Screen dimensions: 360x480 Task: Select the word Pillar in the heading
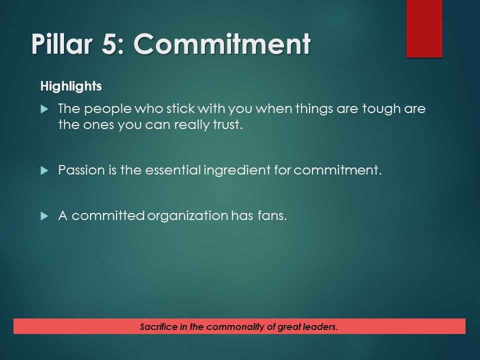tap(60, 44)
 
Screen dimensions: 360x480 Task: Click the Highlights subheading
tap(71, 86)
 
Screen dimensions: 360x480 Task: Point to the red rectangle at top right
tap(424, 28)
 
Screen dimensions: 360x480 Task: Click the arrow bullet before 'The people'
tap(44, 108)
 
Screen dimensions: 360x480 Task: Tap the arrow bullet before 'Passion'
tap(44, 170)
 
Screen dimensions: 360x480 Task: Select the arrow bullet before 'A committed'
tap(44, 216)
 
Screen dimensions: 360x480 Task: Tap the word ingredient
tap(237, 170)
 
